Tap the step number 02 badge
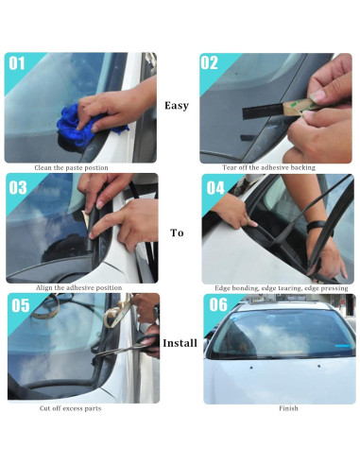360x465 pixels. click(211, 64)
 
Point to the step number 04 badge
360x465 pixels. click(214, 187)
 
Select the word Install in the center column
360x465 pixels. click(179, 342)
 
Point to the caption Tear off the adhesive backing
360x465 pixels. click(268, 168)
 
